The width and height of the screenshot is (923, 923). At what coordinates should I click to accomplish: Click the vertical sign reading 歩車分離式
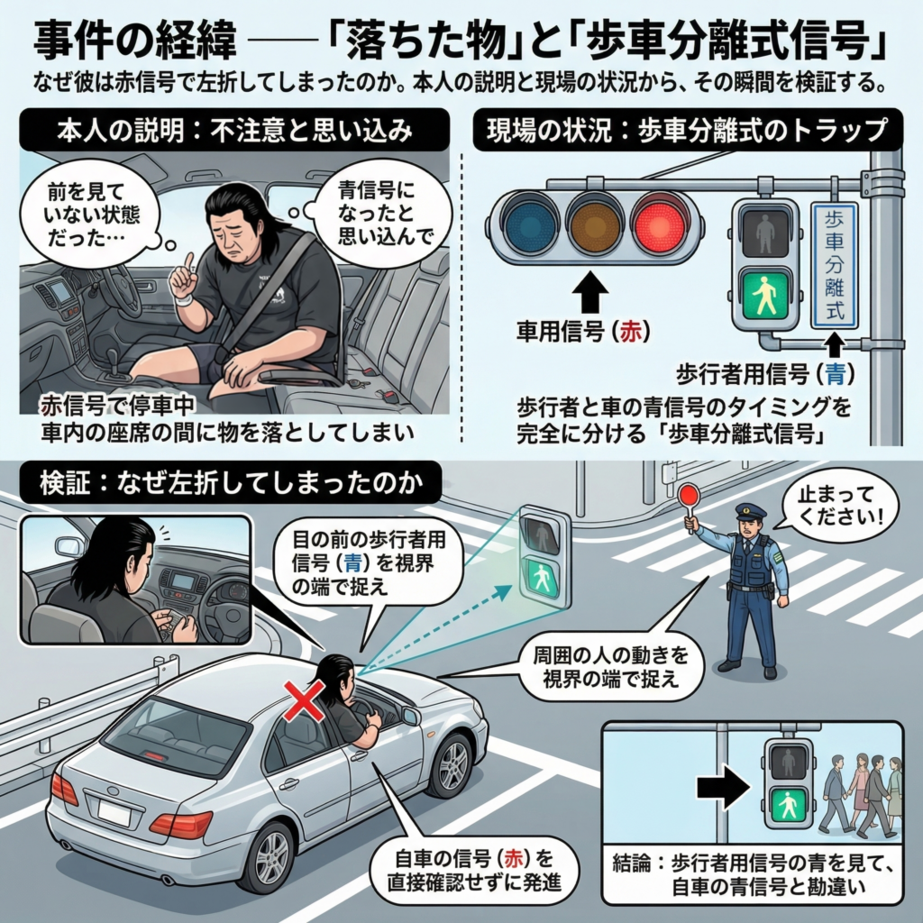click(x=834, y=265)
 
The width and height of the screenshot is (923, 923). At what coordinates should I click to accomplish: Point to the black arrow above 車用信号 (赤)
click(x=590, y=292)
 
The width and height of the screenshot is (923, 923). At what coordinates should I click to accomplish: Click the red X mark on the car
click(x=304, y=700)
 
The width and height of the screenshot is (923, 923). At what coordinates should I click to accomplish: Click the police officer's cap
click(x=749, y=511)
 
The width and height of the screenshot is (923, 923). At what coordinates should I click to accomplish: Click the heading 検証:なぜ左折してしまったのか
click(x=230, y=483)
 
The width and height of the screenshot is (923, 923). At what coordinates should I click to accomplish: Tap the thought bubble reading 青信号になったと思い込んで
click(x=383, y=215)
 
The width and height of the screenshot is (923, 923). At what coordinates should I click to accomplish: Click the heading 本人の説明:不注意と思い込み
click(x=234, y=130)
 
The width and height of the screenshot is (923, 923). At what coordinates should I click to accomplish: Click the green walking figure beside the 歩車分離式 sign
click(x=764, y=295)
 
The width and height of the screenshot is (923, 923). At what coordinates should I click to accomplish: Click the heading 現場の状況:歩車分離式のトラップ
click(x=688, y=130)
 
